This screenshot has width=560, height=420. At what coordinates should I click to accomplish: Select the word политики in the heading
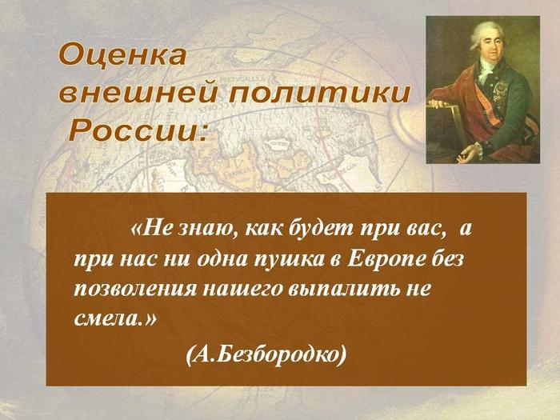coord(319,94)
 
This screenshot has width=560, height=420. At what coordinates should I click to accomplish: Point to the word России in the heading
coord(138,130)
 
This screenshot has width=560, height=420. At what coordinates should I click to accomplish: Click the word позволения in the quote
coord(135,289)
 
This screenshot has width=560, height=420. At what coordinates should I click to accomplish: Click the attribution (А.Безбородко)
coord(266,354)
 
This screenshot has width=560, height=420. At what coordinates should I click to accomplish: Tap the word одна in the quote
coord(222,260)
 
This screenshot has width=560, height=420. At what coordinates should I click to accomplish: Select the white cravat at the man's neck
coord(485,70)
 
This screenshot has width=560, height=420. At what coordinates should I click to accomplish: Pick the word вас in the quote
coord(426,229)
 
